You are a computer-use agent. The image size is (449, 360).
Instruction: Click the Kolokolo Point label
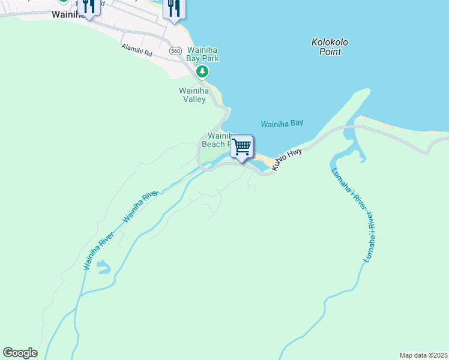tap(330, 47)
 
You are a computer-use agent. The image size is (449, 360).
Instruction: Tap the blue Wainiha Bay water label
tap(282, 124)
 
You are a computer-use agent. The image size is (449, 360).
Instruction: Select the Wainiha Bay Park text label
tap(203, 54)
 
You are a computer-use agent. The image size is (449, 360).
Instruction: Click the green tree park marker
tap(203, 72)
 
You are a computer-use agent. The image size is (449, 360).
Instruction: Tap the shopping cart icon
tap(242, 146)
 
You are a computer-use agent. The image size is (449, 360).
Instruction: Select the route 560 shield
tap(175, 51)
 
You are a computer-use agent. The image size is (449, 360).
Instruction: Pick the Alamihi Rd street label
tap(137, 50)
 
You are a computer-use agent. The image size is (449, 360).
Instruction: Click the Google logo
tap(20, 353)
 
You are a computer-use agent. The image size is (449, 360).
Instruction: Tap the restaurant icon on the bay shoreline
tap(173, 8)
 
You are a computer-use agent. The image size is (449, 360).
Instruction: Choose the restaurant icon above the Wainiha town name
tap(89, 6)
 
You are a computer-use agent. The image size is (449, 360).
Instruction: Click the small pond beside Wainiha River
tap(103, 266)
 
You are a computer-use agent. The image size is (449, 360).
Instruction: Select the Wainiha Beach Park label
tap(219, 140)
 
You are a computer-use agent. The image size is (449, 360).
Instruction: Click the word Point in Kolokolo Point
tap(330, 52)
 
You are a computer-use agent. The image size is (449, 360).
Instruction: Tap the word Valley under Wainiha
tap(194, 99)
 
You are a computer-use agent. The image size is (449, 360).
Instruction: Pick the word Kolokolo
tap(330, 42)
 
